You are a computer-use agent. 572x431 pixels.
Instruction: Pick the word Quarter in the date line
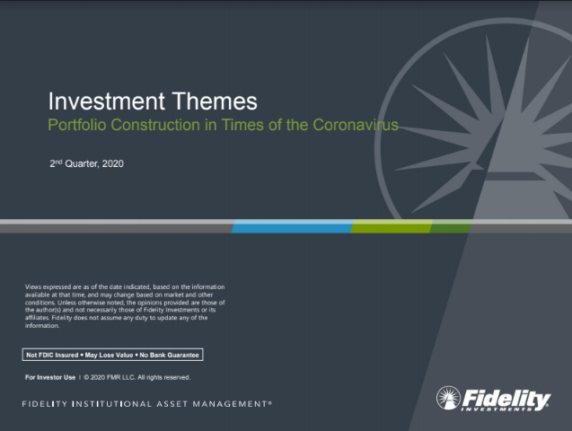tap(83, 164)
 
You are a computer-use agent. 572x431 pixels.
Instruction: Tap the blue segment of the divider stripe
tap(291, 226)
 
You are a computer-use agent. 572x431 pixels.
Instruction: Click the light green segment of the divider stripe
tap(390, 226)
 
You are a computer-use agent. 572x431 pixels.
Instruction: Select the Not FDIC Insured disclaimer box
tap(113, 355)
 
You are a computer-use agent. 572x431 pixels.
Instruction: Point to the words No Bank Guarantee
tap(171, 355)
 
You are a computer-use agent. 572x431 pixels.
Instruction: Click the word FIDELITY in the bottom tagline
tap(46, 405)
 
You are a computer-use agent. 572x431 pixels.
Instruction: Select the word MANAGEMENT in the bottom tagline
tap(228, 405)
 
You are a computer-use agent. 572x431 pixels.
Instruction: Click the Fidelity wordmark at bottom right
tap(507, 397)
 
